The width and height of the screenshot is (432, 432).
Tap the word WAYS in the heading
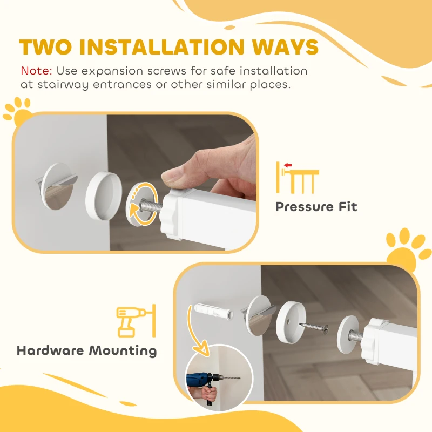point(287,48)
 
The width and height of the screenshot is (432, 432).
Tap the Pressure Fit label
point(316,206)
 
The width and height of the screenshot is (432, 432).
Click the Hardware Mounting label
point(86,351)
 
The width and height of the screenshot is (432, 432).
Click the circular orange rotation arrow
point(143,204)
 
